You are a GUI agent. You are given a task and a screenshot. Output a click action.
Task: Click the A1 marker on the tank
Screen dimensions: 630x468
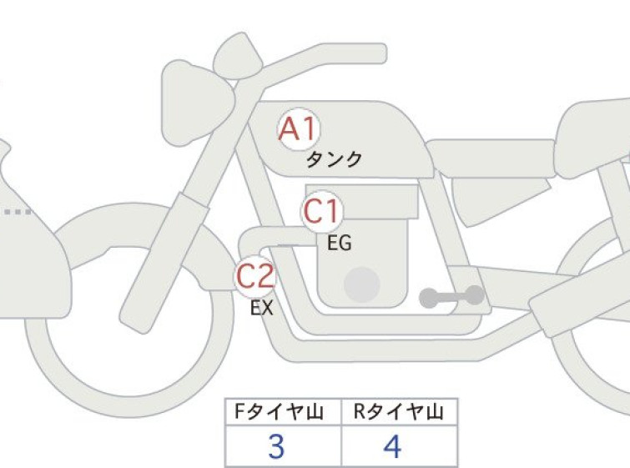coord(299,129)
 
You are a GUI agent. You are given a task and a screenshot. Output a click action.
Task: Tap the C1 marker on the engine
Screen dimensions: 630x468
coord(321,211)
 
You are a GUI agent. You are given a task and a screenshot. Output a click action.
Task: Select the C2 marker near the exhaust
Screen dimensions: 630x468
coord(255,276)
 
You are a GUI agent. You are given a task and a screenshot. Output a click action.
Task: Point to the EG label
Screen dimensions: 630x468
coord(340,243)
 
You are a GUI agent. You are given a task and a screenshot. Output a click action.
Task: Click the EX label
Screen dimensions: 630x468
coord(262,308)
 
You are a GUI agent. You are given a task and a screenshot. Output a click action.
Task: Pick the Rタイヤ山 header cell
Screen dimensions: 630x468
coord(399,412)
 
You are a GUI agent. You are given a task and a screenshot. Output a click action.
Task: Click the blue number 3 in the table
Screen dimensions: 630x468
coord(276,446)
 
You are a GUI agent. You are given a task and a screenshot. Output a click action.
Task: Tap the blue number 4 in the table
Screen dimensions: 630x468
coord(392,446)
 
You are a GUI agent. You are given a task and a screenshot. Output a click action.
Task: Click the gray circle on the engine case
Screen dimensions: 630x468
coord(362,284)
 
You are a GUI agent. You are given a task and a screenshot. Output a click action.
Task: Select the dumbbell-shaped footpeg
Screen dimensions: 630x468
coord(451,297)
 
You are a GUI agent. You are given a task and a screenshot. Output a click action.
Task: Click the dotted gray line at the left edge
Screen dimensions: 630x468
coord(18,212)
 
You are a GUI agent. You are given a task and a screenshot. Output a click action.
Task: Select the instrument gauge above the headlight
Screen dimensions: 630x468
coord(238,56)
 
